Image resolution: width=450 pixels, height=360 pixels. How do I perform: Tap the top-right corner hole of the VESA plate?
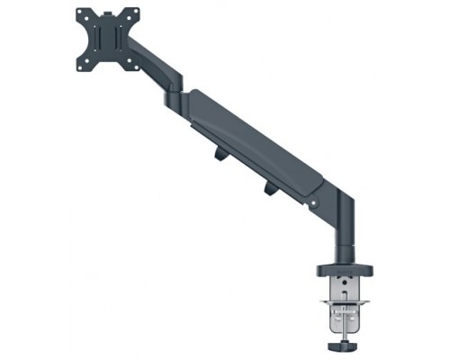(x=136, y=14)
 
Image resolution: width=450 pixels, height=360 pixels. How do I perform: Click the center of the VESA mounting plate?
(x=109, y=38)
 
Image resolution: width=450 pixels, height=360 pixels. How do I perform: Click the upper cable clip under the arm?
(x=220, y=155)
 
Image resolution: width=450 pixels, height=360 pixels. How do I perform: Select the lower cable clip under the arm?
(x=271, y=189)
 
